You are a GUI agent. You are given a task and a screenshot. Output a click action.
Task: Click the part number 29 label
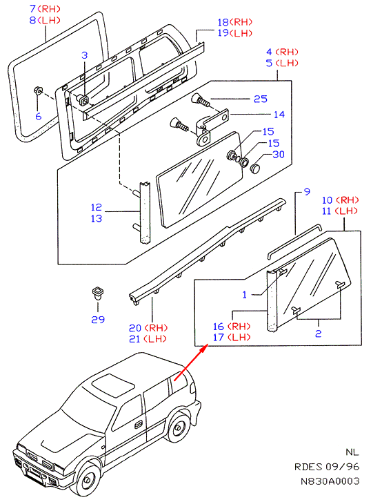[x=98, y=320]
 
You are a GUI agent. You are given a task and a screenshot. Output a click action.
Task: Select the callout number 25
[x=261, y=99]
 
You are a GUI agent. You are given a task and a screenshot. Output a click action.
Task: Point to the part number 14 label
[x=279, y=115]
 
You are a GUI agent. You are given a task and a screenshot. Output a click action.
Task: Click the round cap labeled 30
[x=255, y=168]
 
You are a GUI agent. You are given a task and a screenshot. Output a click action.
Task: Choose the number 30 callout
[x=279, y=154]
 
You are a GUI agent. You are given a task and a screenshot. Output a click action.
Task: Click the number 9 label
[x=307, y=192]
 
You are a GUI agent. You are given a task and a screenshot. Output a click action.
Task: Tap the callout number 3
[x=84, y=55]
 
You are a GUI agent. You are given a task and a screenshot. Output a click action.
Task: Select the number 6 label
[x=39, y=116]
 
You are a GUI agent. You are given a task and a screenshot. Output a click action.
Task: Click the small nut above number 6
[x=39, y=90]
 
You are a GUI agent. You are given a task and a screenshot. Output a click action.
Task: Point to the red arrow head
[x=202, y=349]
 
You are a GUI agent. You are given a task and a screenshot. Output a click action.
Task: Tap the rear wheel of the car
[x=177, y=427]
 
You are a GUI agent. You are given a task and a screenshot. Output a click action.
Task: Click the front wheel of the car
[x=87, y=479]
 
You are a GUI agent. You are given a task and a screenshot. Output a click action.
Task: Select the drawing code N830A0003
[x=330, y=481]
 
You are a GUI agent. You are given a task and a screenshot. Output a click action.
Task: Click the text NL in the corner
[x=352, y=452]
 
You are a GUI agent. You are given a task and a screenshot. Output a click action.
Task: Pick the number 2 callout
[x=318, y=334]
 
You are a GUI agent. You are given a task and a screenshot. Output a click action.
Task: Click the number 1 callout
[x=245, y=295]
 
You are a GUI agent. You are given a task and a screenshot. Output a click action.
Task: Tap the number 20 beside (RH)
[x=135, y=328]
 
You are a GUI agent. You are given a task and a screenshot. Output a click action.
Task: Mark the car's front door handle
[x=139, y=425]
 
